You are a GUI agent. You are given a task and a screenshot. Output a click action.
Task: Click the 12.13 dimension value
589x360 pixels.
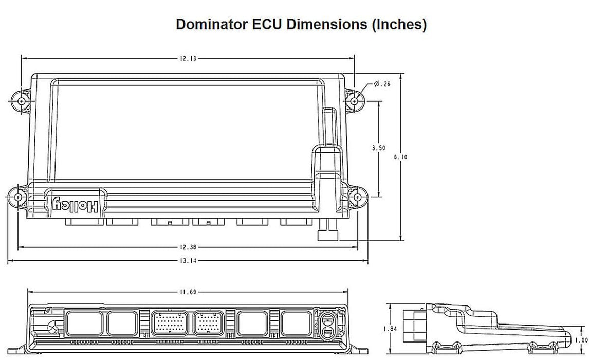click(x=188, y=59)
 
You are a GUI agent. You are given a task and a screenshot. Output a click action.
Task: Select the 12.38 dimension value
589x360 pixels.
click(x=188, y=247)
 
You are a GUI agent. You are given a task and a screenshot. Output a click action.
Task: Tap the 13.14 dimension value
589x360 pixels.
click(x=188, y=260)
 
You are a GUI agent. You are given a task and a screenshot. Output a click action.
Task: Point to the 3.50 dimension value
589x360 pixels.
click(x=378, y=148)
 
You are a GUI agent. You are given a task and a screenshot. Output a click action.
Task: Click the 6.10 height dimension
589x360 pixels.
click(x=401, y=157)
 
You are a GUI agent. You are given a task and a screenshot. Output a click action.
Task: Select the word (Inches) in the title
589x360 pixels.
click(x=398, y=25)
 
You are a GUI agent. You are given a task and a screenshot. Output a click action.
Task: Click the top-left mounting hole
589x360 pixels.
click(x=21, y=101)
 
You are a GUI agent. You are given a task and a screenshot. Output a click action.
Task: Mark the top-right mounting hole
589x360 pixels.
click(x=355, y=101)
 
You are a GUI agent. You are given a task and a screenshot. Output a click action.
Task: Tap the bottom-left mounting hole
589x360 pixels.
click(x=17, y=197)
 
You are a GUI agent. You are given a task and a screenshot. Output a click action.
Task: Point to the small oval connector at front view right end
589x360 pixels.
click(x=327, y=325)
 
